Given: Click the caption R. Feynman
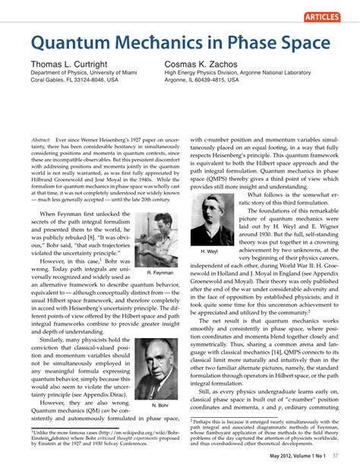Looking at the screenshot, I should point(159,272).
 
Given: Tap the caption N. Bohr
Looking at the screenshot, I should point(159,406).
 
